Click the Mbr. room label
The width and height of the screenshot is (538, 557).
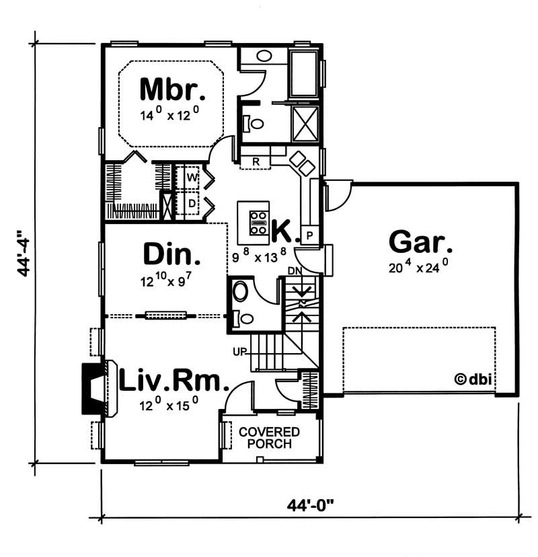173,89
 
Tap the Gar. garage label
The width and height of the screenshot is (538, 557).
420,242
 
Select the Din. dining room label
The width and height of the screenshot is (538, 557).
171,254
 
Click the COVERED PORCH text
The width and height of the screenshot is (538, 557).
269,438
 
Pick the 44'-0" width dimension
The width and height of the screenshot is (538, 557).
311,505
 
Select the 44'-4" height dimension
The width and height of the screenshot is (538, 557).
24,253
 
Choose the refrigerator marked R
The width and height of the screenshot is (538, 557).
256,161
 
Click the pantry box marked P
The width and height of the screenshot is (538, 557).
309,235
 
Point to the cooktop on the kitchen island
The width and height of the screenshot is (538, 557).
258,223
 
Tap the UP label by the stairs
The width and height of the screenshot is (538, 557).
239,352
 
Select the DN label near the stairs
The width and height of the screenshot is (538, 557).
295,270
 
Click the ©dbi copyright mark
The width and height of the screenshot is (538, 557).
473,379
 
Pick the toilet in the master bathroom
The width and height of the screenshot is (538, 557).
254,123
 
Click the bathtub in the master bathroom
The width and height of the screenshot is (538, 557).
303,73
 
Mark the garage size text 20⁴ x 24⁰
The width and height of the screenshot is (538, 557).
418,266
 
